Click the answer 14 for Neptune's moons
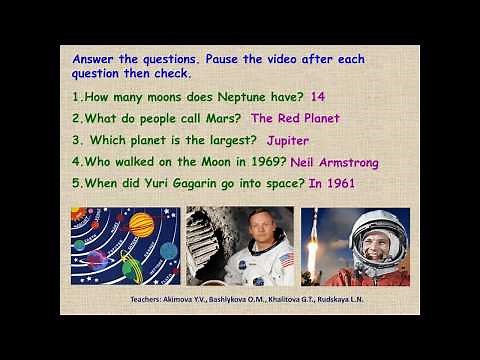coord(319,97)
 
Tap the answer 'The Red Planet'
coord(295,118)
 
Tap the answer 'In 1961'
coord(331,184)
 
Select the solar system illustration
coord(126,246)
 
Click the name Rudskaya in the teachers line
coord(371,298)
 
